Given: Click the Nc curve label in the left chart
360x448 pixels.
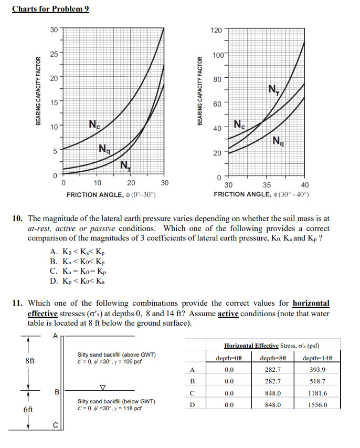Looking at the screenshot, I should (x=94, y=124).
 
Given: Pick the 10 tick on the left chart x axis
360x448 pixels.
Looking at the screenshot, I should (x=97, y=183).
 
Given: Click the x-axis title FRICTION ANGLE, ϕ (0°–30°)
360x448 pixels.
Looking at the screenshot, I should (x=111, y=195).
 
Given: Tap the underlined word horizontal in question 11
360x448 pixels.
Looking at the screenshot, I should (x=311, y=303).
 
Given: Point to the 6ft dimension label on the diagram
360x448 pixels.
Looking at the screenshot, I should (x=29, y=410).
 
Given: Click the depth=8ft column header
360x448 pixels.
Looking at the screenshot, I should (x=274, y=358).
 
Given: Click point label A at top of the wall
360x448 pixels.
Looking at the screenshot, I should (x=55, y=336).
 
